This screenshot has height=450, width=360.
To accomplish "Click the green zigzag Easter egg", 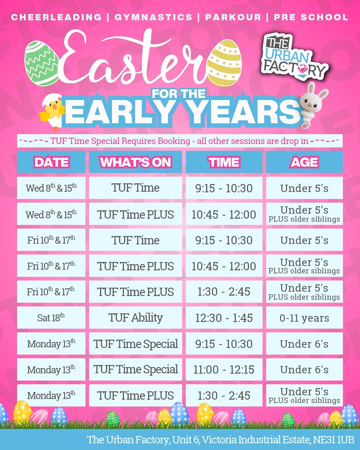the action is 41,63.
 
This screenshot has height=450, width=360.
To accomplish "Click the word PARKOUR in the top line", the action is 233,17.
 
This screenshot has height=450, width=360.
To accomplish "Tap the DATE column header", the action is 51,162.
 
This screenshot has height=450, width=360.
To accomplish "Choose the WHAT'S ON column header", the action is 136,162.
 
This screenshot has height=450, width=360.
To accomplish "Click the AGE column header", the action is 304,162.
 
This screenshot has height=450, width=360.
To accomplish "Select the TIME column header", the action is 224,162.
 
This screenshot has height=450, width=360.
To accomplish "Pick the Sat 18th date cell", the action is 51,318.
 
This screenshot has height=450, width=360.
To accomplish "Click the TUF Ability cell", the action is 136,318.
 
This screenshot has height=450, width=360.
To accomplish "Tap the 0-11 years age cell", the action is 304,318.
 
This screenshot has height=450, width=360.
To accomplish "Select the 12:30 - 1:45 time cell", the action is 224,318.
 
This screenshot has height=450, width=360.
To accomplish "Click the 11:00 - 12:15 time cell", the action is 224,369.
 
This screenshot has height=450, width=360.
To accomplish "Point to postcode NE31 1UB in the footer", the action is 333,439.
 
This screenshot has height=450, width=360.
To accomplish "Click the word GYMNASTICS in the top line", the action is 153,17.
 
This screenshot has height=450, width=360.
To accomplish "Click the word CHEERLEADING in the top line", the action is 56,17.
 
